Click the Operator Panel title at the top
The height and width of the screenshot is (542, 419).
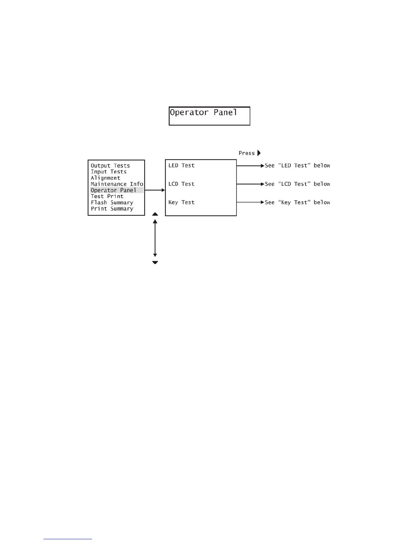coord(203,113)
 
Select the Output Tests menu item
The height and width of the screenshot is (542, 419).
coord(110,166)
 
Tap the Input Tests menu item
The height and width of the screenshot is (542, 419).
coord(109,172)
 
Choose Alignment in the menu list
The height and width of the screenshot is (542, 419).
coord(105,178)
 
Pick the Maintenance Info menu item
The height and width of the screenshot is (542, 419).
coord(117,184)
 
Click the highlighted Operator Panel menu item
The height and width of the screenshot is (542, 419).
coord(113,190)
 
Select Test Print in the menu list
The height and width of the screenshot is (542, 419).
coord(107,196)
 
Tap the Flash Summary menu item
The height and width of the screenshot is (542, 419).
coord(112,203)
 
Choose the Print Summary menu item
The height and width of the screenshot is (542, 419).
coord(112,209)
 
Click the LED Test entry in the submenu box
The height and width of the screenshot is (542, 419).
coord(181,166)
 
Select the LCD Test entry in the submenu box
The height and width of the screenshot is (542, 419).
coord(181,184)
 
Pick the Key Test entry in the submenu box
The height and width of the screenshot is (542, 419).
coord(181,203)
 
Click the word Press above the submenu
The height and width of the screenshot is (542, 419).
coord(246,153)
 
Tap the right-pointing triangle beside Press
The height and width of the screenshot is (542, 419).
coord(259,153)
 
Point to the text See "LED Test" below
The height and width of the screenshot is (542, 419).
coord(297,166)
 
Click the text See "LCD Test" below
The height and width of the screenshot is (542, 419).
coord(297,184)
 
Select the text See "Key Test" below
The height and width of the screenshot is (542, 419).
coord(297,203)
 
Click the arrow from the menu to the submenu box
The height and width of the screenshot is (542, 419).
coord(155,190)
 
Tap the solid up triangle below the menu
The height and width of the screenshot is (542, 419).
coord(155,214)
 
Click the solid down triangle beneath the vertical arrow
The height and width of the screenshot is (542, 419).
coord(155,262)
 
